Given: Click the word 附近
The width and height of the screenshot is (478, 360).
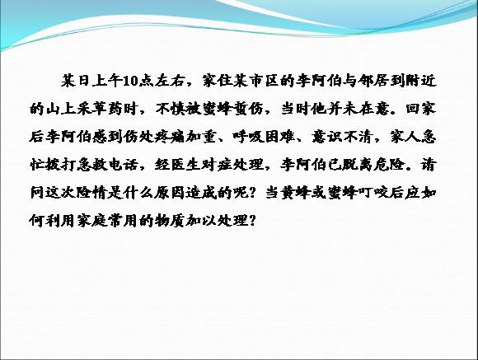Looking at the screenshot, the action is (421, 81).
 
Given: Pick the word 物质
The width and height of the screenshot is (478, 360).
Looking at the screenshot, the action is (170, 220).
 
